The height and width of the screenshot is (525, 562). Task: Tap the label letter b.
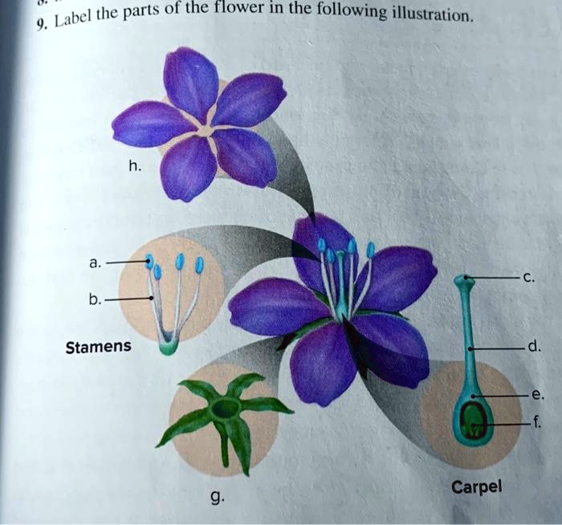[x=96, y=299]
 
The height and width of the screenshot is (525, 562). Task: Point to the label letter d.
[x=533, y=348]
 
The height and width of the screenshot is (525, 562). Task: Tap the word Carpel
[x=477, y=486]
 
